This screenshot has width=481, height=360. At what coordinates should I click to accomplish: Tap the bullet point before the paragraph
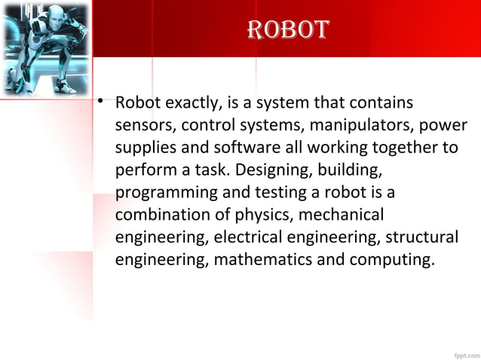tap(100, 102)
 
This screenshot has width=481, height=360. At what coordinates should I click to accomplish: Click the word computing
tap(397, 260)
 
